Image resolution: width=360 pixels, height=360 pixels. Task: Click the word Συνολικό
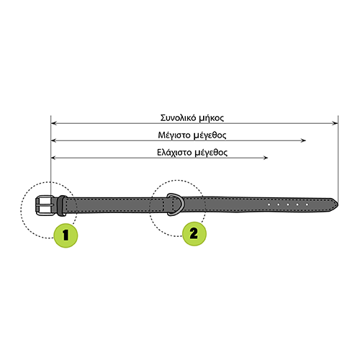click(178, 118)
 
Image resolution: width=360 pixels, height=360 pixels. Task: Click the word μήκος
click(212, 118)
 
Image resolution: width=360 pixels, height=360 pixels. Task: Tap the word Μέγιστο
click(174, 135)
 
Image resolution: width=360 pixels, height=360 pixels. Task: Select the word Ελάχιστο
click(174, 153)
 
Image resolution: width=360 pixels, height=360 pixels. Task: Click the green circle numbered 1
click(66, 235)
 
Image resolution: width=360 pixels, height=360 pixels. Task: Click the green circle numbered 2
click(194, 233)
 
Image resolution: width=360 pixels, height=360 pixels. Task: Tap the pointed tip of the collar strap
click(338, 204)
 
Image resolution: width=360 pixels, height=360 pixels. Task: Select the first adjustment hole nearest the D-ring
click(269, 204)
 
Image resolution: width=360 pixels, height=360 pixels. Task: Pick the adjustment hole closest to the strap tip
click(307, 204)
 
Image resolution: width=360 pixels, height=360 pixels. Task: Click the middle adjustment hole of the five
click(288, 204)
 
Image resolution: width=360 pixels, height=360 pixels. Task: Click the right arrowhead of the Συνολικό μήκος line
click(336, 123)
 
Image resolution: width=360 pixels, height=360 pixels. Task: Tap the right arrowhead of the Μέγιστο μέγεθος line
click(303, 140)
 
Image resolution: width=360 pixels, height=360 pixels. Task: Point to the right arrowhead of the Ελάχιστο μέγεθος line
click(265, 158)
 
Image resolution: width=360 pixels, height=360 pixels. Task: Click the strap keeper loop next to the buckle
click(62, 206)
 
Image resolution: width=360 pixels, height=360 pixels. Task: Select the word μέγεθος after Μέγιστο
click(210, 135)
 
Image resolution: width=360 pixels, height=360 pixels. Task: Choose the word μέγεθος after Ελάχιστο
click(211, 153)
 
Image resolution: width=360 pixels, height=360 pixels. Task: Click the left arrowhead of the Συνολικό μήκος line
click(54, 123)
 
